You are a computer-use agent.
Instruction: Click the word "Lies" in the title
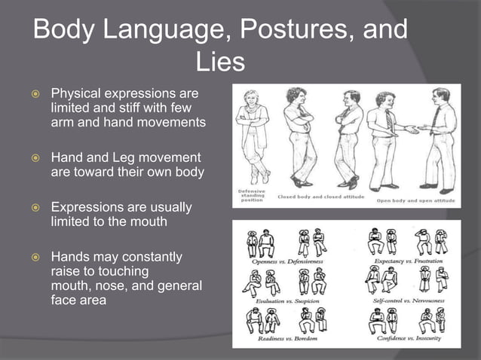(x=220, y=62)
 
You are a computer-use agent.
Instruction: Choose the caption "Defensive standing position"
(x=251, y=197)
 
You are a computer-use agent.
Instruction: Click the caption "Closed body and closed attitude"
(x=321, y=197)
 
